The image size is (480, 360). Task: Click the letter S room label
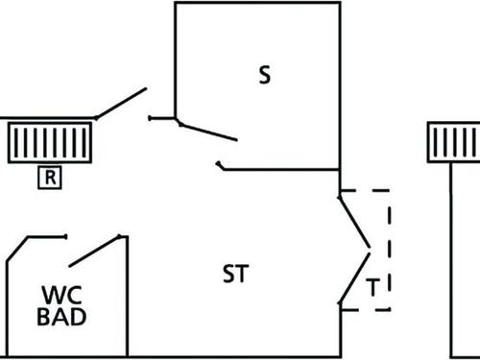(x=265, y=76)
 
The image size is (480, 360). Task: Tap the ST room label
(x=235, y=275)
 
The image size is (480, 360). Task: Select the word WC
(x=60, y=294)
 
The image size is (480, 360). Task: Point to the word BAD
(x=60, y=316)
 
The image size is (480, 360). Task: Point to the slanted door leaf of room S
(x=207, y=129)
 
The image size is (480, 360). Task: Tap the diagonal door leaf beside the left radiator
(x=120, y=103)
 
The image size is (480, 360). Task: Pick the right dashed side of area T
(x=390, y=250)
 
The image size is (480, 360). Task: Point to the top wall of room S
(x=257, y=3)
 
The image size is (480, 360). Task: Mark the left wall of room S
(x=175, y=58)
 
